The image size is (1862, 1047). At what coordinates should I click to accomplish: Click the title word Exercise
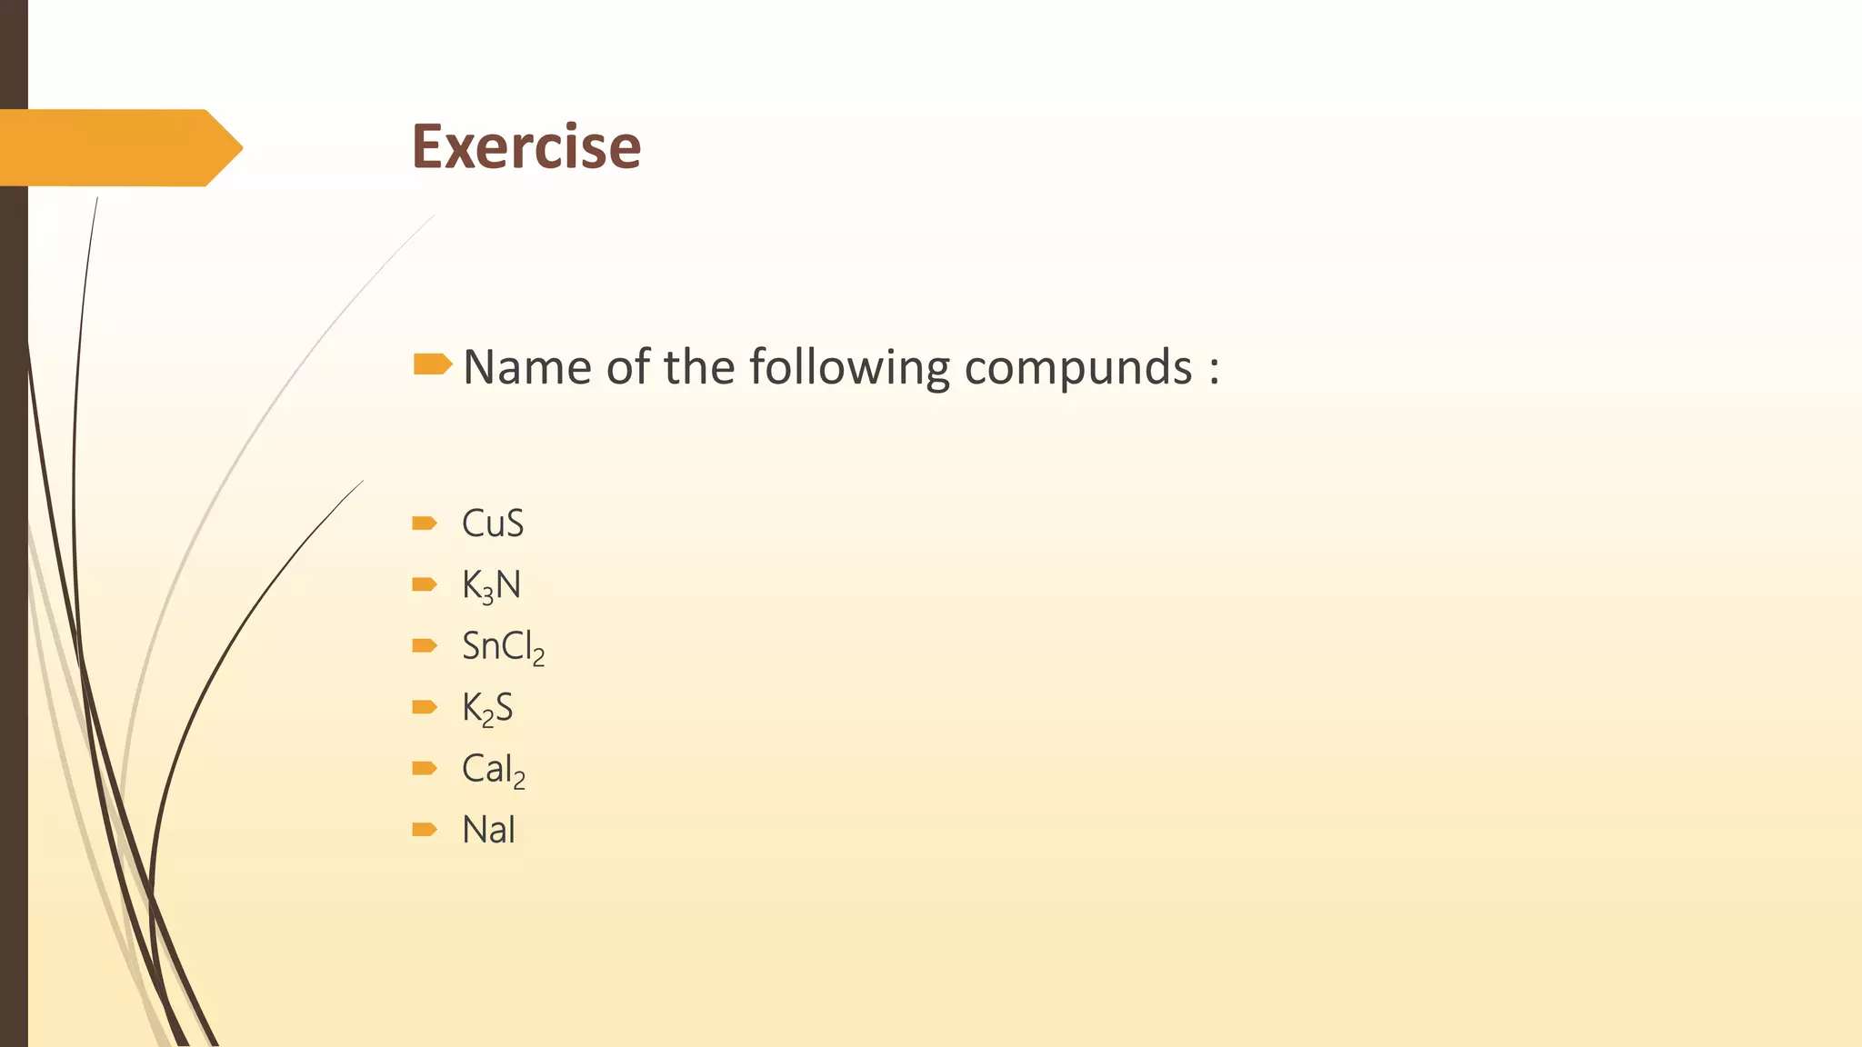[526, 146]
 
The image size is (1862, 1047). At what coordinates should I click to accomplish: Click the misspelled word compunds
[1077, 369]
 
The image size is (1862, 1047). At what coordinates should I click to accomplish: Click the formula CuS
[493, 523]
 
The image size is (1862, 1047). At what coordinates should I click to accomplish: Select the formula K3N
[491, 585]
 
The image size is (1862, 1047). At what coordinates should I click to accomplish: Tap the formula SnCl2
[503, 647]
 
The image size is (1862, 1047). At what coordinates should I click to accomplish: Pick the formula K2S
[487, 708]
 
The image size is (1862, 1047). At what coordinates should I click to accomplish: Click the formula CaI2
[493, 770]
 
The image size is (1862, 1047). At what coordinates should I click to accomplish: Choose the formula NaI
[488, 830]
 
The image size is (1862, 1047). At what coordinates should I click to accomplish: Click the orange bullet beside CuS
[424, 523]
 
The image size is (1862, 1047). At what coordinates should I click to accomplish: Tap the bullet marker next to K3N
[424, 584]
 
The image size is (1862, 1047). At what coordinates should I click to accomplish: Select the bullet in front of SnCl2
[424, 645]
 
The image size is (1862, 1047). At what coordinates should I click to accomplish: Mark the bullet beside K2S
[424, 707]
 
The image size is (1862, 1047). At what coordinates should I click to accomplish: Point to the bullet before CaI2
[424, 768]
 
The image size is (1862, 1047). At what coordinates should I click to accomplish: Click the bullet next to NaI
[424, 829]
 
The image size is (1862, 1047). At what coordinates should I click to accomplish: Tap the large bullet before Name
[432, 364]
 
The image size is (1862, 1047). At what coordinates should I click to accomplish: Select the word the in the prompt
[698, 367]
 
